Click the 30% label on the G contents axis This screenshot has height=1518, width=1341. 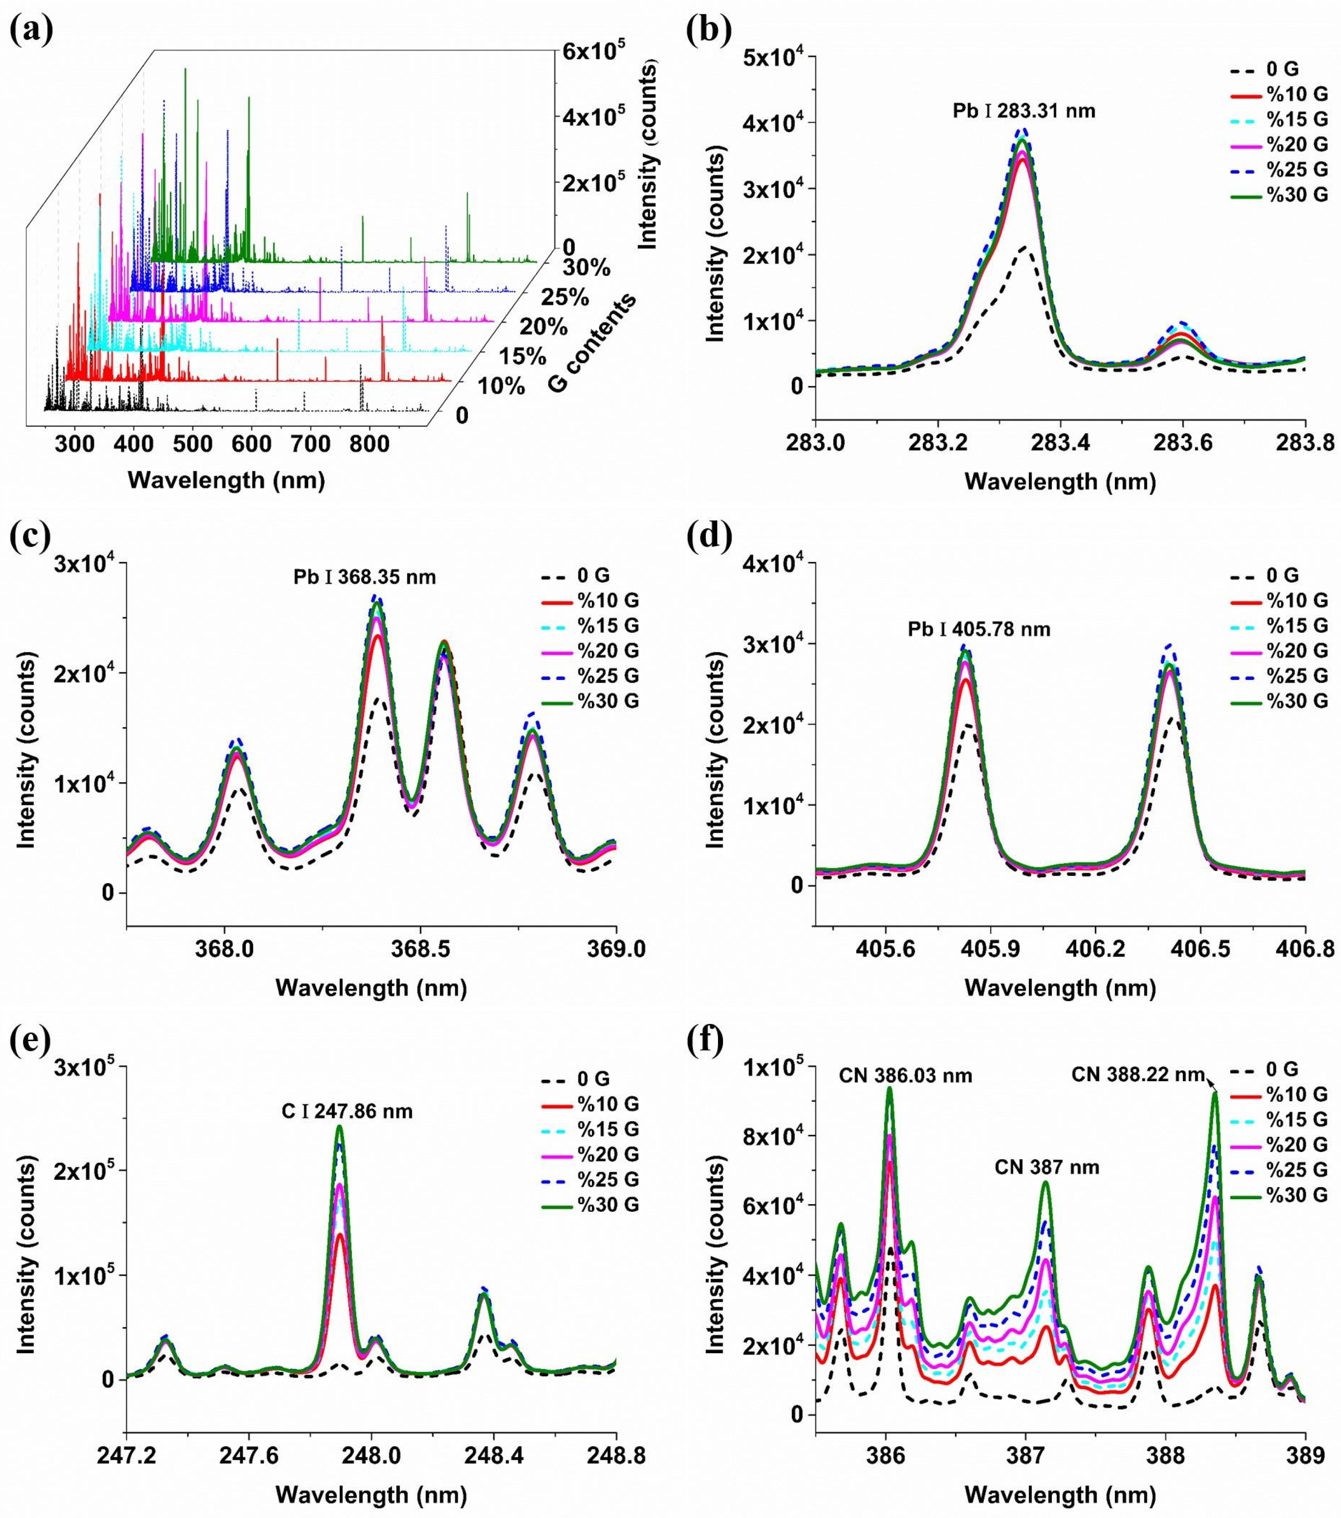[x=586, y=268]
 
